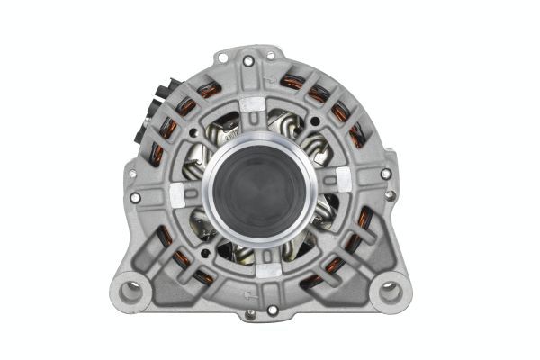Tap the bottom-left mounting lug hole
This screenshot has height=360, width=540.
click(132, 290)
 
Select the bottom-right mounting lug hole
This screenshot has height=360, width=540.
click(390, 291)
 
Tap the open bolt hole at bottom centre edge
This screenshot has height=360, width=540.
click(273, 310)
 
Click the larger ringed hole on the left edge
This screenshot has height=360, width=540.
click(136, 197)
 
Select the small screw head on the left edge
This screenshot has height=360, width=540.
click(132, 174)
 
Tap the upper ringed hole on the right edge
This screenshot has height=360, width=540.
click(386, 173)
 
